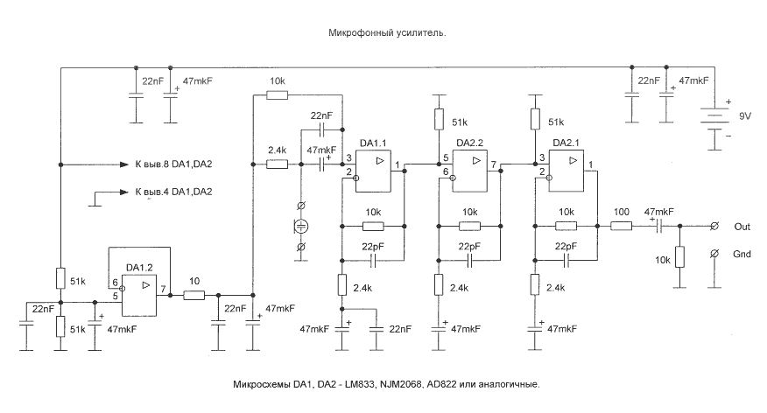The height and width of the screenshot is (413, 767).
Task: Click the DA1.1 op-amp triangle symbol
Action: (379, 162)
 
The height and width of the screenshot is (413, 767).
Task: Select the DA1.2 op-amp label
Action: (140, 268)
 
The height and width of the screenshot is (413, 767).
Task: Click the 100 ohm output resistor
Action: (622, 226)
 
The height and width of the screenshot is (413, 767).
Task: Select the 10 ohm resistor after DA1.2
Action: (194, 296)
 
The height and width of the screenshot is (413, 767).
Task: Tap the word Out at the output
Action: (742, 226)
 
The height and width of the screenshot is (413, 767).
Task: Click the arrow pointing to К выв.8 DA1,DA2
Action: (122, 164)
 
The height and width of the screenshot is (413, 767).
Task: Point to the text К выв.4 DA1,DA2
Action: (173, 192)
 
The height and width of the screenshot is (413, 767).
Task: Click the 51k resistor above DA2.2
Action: (436, 118)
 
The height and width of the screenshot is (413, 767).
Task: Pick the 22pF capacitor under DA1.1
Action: (371, 259)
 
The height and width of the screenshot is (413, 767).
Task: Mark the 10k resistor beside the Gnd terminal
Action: (679, 260)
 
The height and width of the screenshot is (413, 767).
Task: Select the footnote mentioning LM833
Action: (386, 384)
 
